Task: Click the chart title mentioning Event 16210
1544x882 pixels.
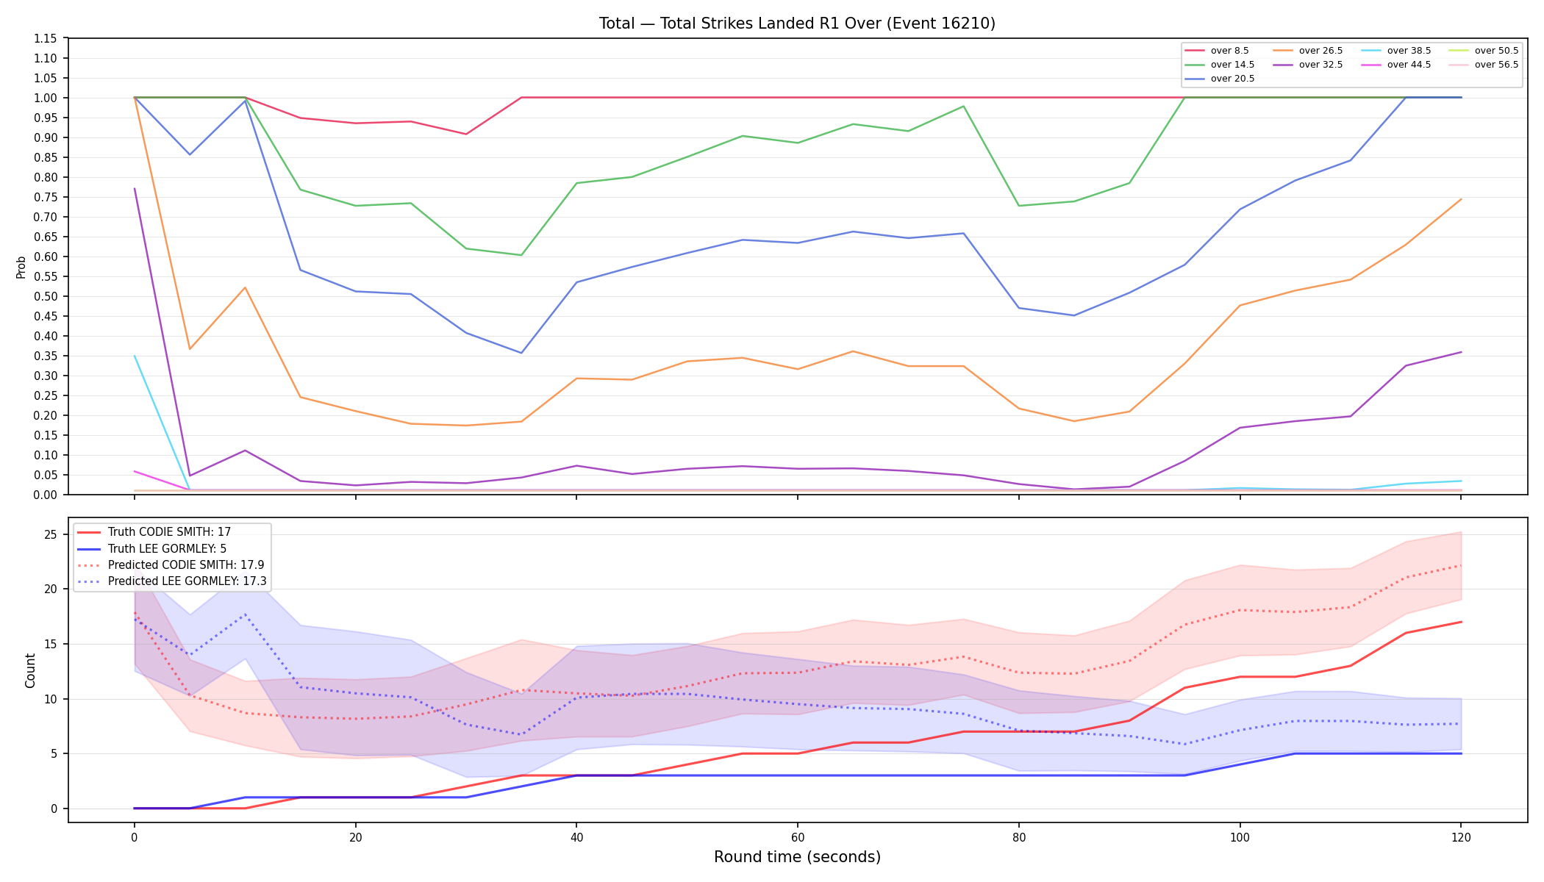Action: pos(797,24)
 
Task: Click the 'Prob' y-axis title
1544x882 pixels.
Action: pos(21,267)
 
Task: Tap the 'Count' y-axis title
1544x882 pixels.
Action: pos(30,670)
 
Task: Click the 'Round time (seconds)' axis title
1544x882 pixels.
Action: pos(797,857)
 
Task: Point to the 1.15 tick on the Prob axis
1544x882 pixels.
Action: pos(46,38)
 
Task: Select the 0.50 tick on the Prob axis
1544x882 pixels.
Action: pos(46,296)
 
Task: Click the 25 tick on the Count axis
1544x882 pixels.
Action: pos(50,534)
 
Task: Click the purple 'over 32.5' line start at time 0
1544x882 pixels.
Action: pos(135,189)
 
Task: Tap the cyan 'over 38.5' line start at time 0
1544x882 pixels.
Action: pos(135,356)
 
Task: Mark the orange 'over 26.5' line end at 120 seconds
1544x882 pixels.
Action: pos(1461,199)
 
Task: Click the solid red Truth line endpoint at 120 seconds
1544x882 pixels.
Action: pos(1461,622)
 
